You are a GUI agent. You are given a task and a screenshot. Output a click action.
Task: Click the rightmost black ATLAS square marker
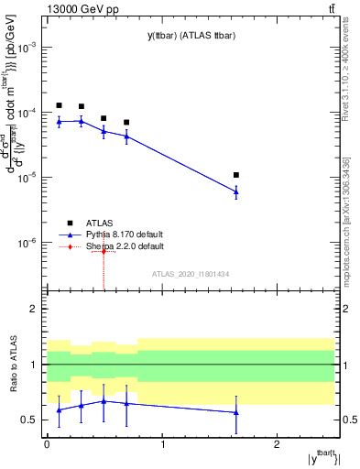tap(236, 175)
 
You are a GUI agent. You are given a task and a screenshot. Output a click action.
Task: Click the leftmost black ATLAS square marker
tap(59, 105)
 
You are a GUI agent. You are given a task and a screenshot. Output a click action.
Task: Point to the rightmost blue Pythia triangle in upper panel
tap(236, 191)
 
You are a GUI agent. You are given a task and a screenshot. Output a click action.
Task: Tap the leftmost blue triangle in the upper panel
tap(59, 121)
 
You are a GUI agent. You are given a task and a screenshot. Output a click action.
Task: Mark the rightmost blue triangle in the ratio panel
tap(236, 412)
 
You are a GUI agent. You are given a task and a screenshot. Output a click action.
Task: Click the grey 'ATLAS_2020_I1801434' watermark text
tap(190, 275)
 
